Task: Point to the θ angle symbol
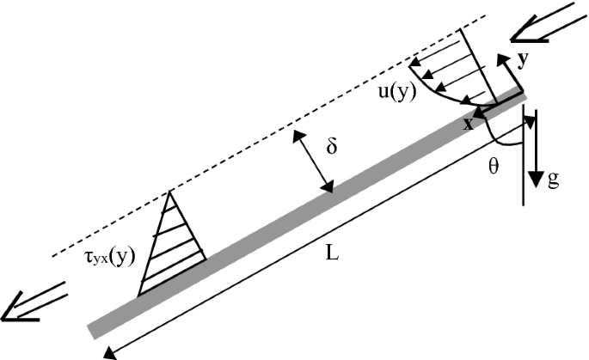point(494,167)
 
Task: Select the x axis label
point(469,123)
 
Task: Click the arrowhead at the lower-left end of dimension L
point(108,351)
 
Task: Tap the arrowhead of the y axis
point(501,58)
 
